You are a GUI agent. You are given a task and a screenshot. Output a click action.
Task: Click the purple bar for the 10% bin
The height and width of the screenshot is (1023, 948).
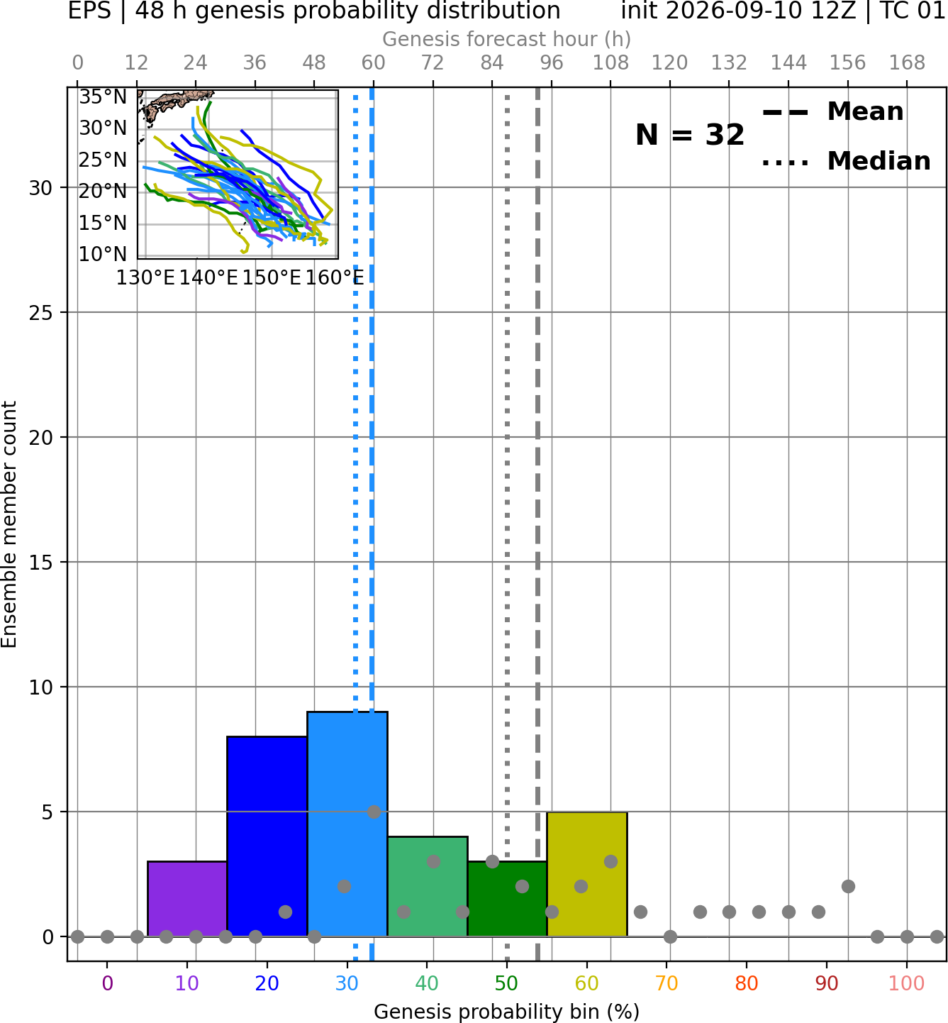click(x=187, y=898)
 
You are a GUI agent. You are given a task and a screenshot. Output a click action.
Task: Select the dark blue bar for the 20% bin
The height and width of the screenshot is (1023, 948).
click(x=267, y=836)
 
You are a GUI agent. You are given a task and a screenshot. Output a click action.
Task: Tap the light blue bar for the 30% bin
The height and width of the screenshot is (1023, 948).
click(x=347, y=824)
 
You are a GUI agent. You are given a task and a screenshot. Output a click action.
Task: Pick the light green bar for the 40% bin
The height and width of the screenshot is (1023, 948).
click(x=428, y=886)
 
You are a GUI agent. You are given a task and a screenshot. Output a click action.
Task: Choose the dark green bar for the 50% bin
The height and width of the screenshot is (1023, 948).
click(x=507, y=898)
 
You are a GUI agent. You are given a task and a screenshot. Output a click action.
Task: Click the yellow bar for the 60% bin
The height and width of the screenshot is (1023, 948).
click(x=587, y=873)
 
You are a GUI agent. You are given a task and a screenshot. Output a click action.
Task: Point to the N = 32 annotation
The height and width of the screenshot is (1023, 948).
click(x=690, y=135)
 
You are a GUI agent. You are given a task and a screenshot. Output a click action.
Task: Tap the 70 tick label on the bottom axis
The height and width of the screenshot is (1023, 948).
click(x=667, y=983)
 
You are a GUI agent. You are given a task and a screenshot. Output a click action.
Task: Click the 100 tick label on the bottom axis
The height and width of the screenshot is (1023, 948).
click(x=907, y=983)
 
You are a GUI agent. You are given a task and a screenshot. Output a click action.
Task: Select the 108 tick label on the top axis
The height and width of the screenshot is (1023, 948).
click(x=610, y=63)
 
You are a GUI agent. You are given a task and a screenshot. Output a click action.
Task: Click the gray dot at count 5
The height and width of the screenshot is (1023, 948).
click(x=374, y=812)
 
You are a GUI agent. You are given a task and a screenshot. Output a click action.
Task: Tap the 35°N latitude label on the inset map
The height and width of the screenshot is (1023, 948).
click(x=103, y=97)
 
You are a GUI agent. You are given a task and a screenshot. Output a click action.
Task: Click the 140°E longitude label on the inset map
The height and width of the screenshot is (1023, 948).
click(x=208, y=277)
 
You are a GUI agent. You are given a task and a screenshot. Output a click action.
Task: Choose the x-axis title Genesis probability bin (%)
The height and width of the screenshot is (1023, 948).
click(x=507, y=1012)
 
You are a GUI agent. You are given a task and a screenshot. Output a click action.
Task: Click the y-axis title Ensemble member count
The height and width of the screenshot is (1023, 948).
click(x=9, y=524)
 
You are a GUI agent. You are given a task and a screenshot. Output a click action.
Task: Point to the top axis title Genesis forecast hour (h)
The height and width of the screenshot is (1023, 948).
click(x=507, y=39)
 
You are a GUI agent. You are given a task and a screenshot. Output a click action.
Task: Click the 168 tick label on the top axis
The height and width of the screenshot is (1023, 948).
click(x=908, y=63)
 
